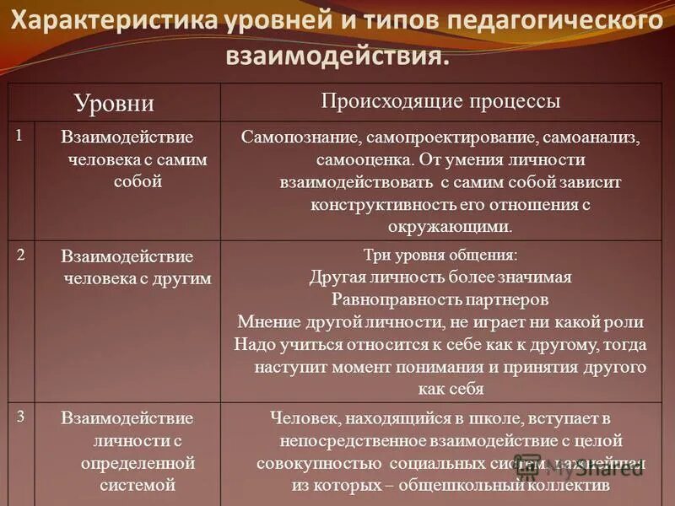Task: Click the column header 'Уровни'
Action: click(x=114, y=104)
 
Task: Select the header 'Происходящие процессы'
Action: click(x=440, y=101)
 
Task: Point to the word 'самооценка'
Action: click(x=354, y=159)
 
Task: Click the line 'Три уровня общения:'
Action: click(x=440, y=256)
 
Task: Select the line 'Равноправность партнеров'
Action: click(x=440, y=299)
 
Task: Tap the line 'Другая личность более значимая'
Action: click(x=440, y=277)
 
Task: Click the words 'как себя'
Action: click(x=451, y=389)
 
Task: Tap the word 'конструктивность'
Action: click(x=376, y=204)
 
